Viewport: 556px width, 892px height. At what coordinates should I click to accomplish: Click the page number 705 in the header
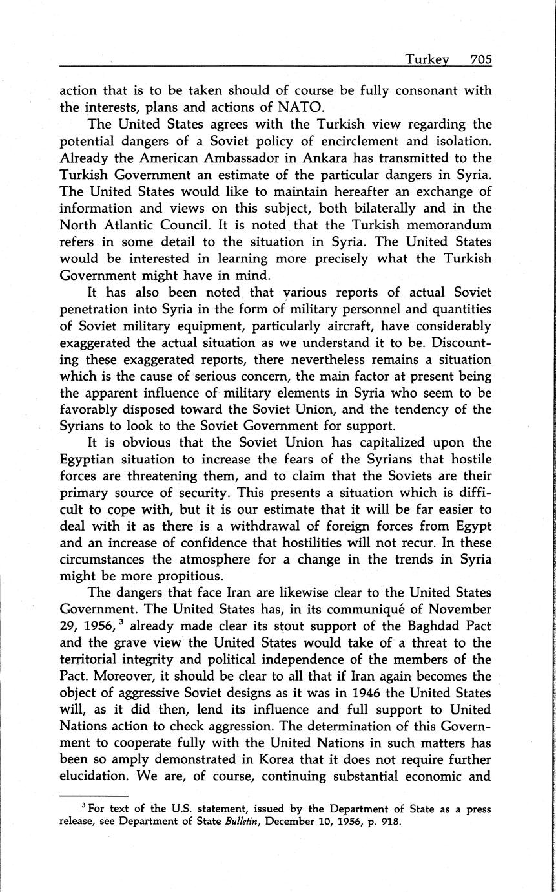[481, 59]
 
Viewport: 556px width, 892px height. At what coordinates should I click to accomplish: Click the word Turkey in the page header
[427, 59]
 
